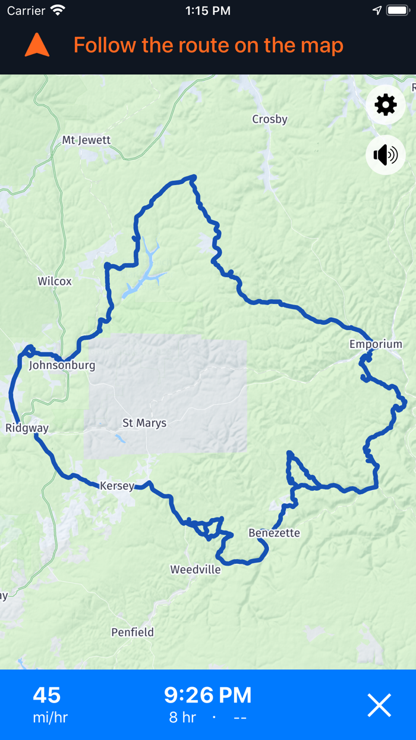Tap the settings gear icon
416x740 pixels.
(x=386, y=105)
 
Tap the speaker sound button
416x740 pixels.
(x=386, y=155)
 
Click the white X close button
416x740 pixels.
(x=379, y=705)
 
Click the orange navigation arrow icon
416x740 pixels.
(x=37, y=45)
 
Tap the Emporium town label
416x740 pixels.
(x=376, y=344)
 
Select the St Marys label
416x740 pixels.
(x=144, y=424)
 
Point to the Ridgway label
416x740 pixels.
(x=27, y=428)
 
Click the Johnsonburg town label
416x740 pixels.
(x=62, y=365)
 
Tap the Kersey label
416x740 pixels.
(x=117, y=486)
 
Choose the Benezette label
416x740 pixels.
(x=274, y=533)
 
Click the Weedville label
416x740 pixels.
(x=196, y=570)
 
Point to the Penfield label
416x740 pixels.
(x=133, y=632)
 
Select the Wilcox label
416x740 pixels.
(x=55, y=281)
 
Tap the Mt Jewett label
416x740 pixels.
(x=86, y=140)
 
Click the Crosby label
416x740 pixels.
(x=270, y=120)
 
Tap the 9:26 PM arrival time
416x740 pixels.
(x=208, y=695)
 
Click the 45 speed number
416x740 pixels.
(x=47, y=695)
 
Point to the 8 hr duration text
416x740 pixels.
(x=182, y=717)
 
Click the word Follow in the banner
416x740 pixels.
(x=105, y=46)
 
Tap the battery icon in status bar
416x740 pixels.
(x=398, y=11)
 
